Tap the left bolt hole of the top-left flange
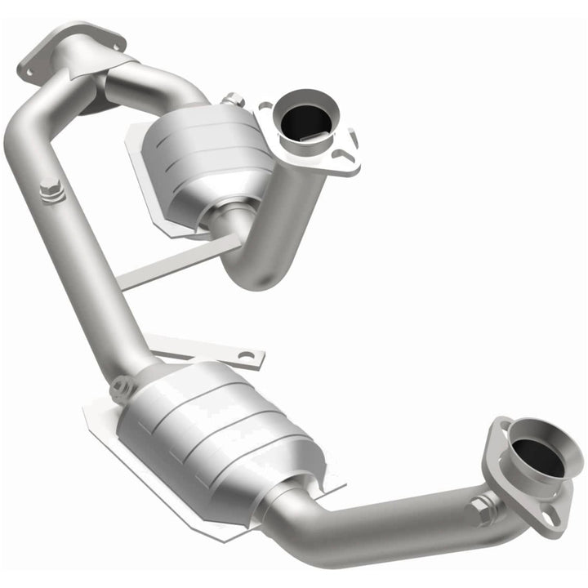click(x=29, y=72)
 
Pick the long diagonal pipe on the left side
click(x=82, y=245)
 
